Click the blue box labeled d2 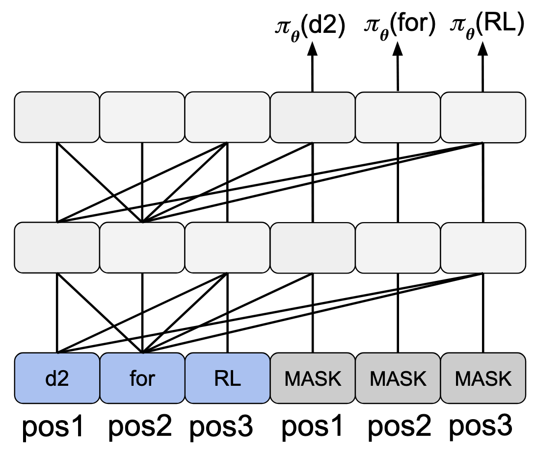[57, 379]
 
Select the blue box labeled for [142, 379]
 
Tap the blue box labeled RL [227, 379]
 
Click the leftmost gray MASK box [313, 379]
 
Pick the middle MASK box [398, 379]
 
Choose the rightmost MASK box [483, 379]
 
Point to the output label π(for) [399, 25]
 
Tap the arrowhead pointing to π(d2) [312, 48]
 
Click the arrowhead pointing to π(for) [398, 48]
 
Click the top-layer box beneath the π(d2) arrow [313, 117]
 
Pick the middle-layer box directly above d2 [57, 248]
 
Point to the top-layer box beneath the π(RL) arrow [483, 117]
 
